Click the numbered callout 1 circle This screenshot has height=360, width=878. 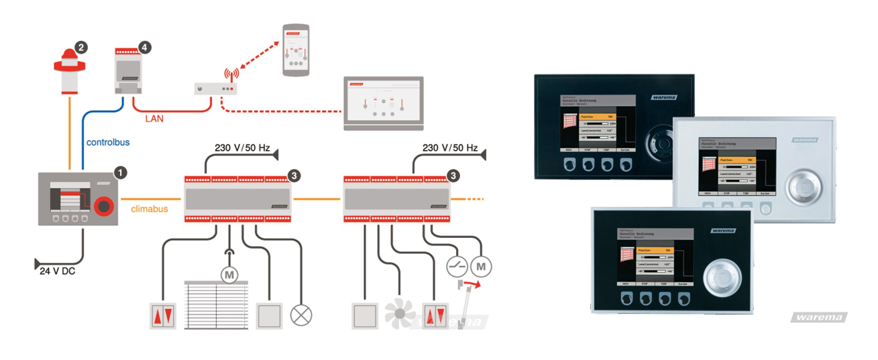tap(121, 172)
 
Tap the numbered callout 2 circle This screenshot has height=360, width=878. tap(81, 47)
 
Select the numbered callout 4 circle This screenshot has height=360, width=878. tap(144, 47)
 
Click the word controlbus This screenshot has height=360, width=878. tap(108, 142)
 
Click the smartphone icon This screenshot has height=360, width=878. tap(295, 50)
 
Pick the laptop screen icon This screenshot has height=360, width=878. tap(384, 101)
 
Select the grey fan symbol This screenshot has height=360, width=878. tap(400, 313)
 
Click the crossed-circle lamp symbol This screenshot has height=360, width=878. tap(300, 314)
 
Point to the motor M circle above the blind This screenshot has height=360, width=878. tap(230, 274)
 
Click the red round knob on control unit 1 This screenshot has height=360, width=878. tap(103, 205)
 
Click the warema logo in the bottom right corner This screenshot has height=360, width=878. tap(819, 317)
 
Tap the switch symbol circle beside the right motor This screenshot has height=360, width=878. tap(457, 266)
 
